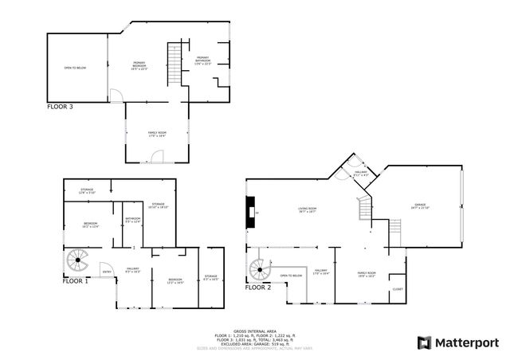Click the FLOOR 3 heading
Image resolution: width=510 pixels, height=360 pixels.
pyautogui.click(x=60, y=106)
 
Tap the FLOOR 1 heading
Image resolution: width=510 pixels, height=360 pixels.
pyautogui.click(x=76, y=280)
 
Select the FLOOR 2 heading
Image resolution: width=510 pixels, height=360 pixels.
pyautogui.click(x=258, y=288)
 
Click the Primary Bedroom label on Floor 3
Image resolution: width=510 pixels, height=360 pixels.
pyautogui.click(x=139, y=66)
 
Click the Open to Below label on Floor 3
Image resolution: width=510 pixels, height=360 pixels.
pyautogui.click(x=75, y=68)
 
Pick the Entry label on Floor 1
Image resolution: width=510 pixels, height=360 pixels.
pyautogui.click(x=107, y=272)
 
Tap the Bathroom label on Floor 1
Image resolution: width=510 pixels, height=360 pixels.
pyautogui.click(x=132, y=220)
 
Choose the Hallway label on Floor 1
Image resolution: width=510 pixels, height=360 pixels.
pyautogui.click(x=132, y=270)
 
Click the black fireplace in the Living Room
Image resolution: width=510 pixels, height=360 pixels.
pyautogui.click(x=249, y=213)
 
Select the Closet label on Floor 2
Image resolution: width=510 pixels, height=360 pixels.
pyautogui.click(x=397, y=289)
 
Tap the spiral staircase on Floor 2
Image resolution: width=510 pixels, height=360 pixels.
pyautogui.click(x=259, y=269)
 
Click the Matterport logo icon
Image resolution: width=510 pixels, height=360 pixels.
pyautogui.click(x=424, y=342)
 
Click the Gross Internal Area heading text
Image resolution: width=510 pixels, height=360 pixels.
pyautogui.click(x=254, y=327)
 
